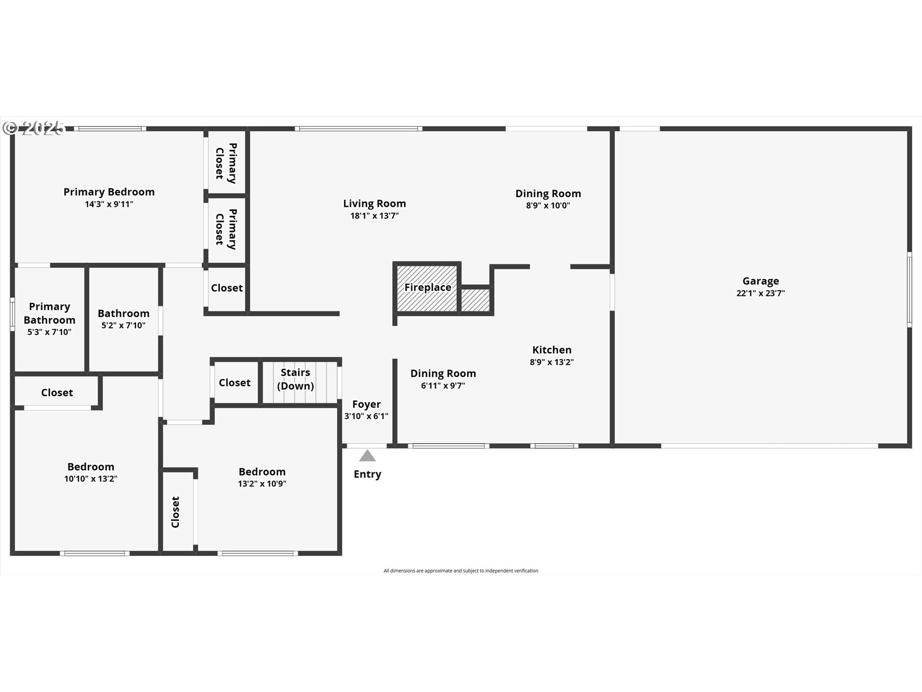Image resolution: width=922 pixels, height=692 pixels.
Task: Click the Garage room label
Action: (x=761, y=281)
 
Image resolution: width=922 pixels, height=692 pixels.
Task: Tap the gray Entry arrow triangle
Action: (x=367, y=456)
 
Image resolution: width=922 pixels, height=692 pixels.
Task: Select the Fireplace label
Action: (x=427, y=287)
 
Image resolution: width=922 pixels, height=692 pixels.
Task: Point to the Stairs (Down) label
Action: (x=295, y=379)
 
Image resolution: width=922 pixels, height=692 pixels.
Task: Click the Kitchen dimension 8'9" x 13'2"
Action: (x=552, y=362)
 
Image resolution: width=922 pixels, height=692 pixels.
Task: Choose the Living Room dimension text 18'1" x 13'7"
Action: (x=375, y=216)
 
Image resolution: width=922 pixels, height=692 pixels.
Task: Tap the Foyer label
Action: (x=366, y=404)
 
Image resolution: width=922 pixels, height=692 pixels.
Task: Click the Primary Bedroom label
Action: (x=109, y=192)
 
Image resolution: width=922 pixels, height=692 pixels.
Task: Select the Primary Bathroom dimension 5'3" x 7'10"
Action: (x=49, y=332)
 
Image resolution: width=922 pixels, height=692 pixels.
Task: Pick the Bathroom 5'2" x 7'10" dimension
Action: (x=123, y=325)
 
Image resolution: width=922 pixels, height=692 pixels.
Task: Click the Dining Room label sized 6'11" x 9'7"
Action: (x=443, y=373)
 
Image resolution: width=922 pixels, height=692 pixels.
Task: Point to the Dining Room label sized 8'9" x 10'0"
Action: (x=548, y=194)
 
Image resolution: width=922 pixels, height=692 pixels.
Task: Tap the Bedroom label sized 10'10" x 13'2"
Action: (x=91, y=467)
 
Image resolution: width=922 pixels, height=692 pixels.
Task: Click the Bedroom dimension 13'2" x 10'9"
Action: (x=262, y=484)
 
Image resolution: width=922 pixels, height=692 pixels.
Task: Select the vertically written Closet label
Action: (x=176, y=512)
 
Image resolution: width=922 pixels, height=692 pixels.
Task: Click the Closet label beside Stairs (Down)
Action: (x=234, y=383)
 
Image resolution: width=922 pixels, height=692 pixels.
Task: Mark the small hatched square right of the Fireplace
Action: (x=475, y=300)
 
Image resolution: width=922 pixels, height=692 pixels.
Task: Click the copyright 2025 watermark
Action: (x=34, y=128)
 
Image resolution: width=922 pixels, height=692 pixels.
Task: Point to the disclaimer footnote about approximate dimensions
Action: (x=461, y=571)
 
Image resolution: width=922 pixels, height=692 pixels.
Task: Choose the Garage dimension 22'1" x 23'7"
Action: (x=761, y=293)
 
